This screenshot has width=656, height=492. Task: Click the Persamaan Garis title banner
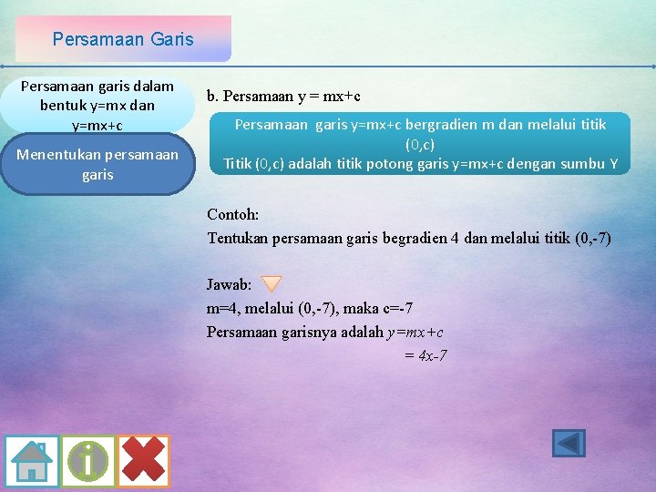coord(123,39)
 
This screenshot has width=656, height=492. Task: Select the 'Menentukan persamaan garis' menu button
coord(97,164)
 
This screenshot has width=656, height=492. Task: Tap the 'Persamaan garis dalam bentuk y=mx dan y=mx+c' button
coord(97,105)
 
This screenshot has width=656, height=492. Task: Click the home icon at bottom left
coord(32,461)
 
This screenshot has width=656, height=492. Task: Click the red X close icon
coord(143,461)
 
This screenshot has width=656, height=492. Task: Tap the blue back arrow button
coord(569,444)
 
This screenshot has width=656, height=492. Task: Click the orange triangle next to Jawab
coord(272,284)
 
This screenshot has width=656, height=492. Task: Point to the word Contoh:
coord(233,215)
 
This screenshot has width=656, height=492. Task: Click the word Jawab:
coord(230,284)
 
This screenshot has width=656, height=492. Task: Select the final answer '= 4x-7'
coord(425,355)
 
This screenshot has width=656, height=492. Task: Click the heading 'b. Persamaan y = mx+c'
coord(283,96)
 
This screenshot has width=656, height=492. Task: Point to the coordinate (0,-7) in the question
coord(589,239)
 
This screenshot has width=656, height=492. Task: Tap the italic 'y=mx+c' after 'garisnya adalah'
coord(415,332)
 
